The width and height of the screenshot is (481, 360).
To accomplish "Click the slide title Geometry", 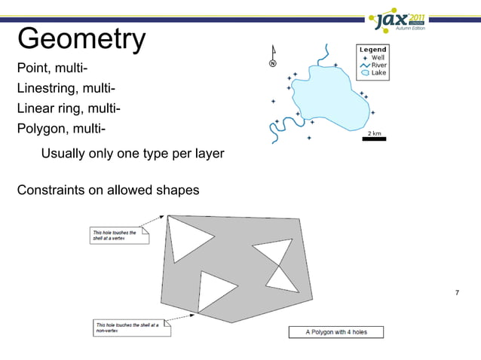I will pos(81,38).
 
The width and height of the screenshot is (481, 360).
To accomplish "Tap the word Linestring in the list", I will pos(47,90).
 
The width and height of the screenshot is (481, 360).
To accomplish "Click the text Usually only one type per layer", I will pos(132,154).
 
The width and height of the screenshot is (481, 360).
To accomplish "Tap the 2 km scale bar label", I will pos(374,133).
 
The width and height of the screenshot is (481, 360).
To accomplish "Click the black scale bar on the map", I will pos(374,139).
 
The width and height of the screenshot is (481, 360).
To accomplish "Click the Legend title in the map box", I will pos(372,50).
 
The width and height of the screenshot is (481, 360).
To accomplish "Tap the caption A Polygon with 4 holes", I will pos(336,331).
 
